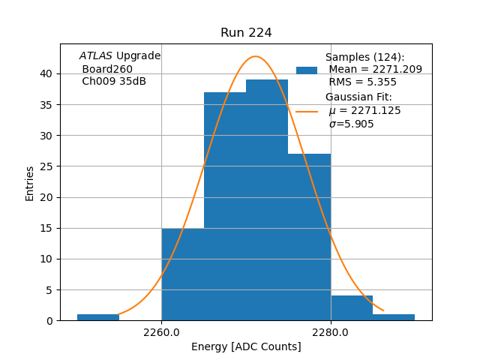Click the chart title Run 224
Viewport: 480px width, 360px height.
pos(246,33)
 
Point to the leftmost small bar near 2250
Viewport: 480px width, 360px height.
pos(98,317)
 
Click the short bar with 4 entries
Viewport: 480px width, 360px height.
pos(352,308)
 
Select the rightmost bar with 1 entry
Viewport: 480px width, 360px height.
pos(394,317)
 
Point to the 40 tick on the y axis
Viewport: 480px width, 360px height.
pos(47,73)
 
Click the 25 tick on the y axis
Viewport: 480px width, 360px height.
pos(47,166)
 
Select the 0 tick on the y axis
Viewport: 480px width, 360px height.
pos(50,321)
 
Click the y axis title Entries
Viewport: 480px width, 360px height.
pos(30,184)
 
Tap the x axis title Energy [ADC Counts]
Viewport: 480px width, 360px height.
pos(246,346)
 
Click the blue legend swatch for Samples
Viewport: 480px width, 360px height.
pos(307,70)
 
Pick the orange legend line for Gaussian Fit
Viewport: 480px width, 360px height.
pos(307,111)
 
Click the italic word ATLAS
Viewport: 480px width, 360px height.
pos(96,56)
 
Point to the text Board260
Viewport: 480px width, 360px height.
pos(107,69)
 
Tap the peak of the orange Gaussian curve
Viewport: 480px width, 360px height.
pos(256,56)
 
